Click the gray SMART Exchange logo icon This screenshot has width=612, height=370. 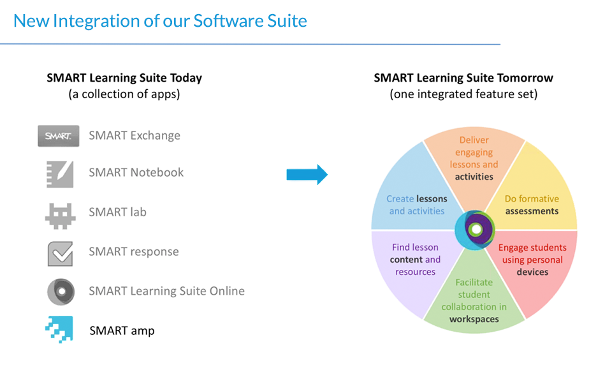click(59, 136)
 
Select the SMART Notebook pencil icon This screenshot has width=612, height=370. click(60, 174)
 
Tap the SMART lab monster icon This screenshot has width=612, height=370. click(60, 216)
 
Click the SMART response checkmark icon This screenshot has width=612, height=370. click(61, 254)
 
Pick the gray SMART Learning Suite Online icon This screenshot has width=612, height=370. click(61, 292)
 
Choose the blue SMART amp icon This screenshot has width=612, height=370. click(59, 330)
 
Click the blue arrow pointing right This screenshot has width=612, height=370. click(307, 175)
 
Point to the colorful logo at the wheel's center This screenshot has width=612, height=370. click(474, 230)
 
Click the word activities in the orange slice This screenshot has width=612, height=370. click(474, 177)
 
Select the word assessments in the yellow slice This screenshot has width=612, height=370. click(532, 211)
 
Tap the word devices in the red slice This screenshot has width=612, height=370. click(532, 272)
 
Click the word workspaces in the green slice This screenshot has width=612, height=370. click(474, 319)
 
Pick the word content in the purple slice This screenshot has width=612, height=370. click(406, 260)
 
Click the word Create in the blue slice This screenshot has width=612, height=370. click(400, 199)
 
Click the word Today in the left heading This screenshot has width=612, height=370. click(186, 78)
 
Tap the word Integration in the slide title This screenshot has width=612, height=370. click(96, 21)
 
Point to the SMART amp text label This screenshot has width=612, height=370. click(122, 331)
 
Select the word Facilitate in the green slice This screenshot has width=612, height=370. click(474, 283)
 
